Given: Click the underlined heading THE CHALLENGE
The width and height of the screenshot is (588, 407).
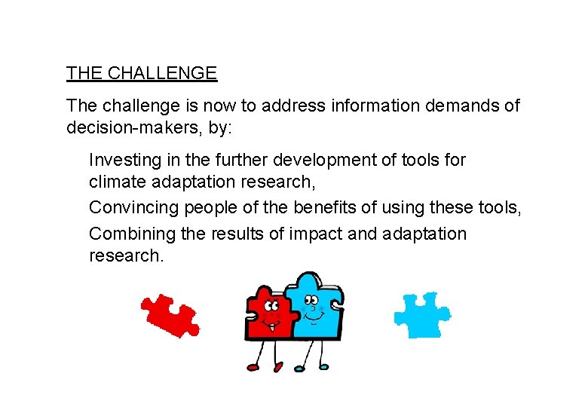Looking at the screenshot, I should coord(142,73).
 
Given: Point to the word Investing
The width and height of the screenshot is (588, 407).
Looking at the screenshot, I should coord(120,160).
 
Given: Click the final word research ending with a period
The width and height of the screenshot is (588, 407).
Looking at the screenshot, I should coord(126,256).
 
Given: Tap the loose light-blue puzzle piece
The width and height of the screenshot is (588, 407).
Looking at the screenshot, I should coord(421,315).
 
